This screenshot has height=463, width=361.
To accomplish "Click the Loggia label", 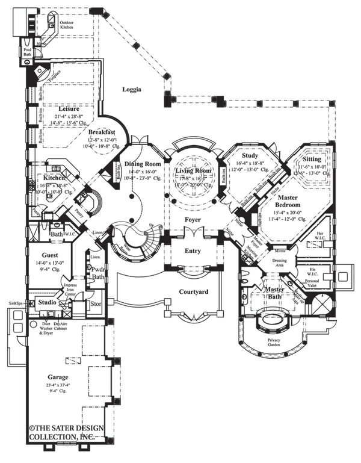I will (x=132, y=90).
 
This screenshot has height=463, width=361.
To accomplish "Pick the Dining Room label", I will (x=144, y=164).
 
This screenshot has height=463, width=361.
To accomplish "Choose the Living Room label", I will (x=193, y=172).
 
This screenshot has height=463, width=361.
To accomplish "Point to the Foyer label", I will (x=193, y=220).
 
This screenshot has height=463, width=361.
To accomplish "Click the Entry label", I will (x=193, y=251).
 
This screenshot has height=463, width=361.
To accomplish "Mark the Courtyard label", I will (x=194, y=292).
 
